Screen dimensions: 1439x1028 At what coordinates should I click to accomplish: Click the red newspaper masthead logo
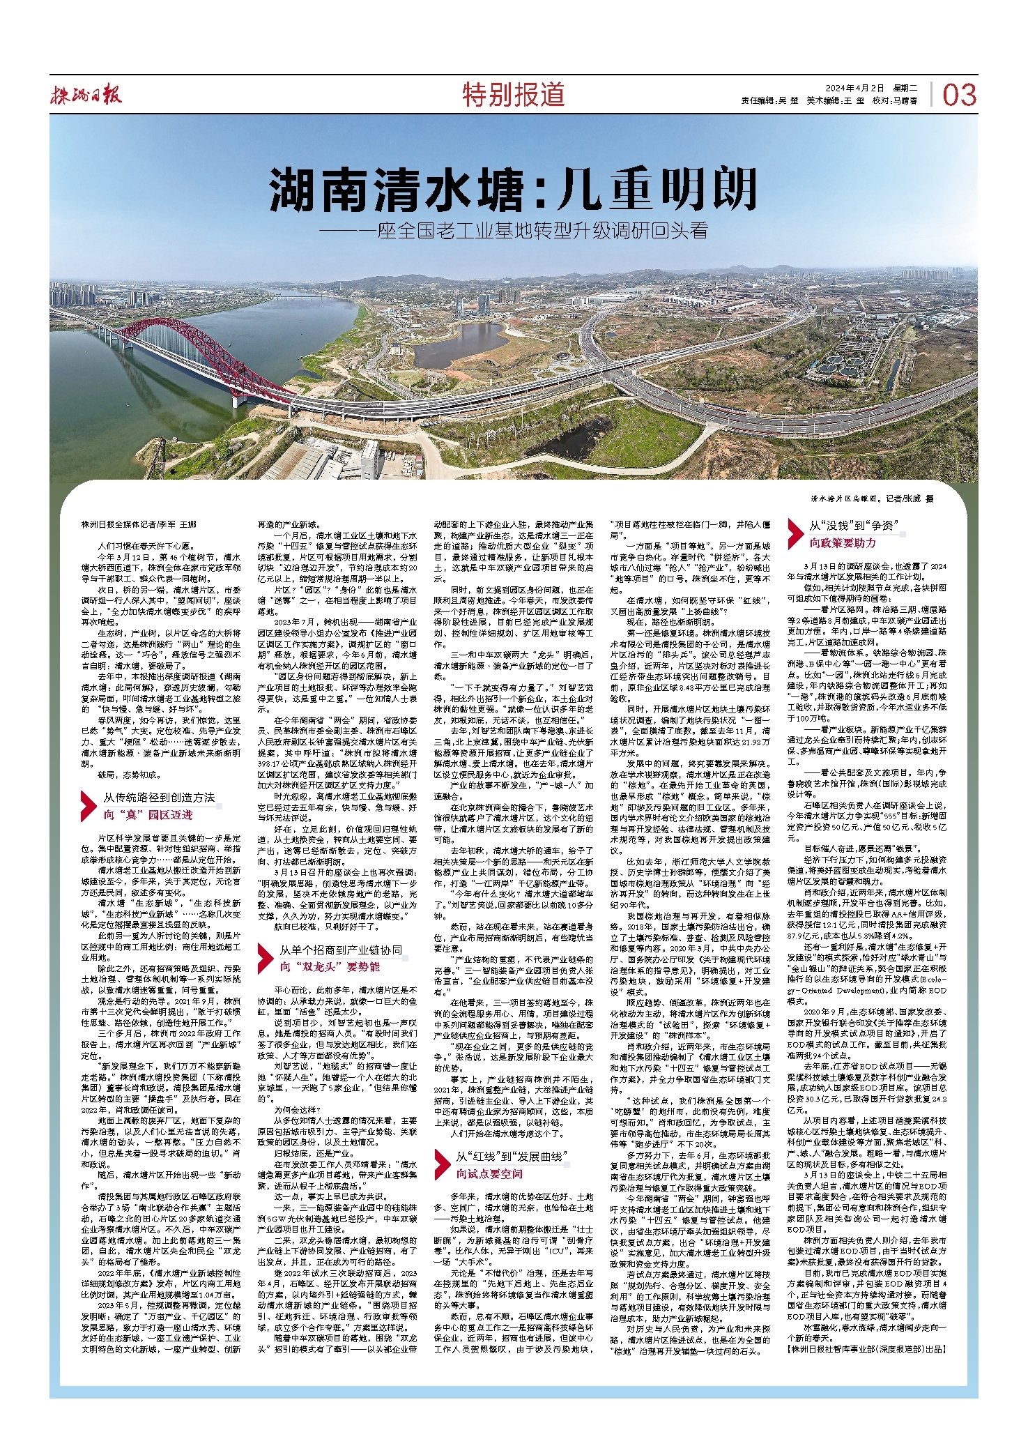86,94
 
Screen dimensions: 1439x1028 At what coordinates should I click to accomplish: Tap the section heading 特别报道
514,95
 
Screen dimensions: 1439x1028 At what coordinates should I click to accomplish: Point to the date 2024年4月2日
854,89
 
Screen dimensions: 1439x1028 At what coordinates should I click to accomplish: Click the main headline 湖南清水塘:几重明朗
514,190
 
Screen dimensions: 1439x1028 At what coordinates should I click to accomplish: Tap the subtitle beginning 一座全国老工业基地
514,231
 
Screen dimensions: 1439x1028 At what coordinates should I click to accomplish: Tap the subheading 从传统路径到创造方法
159,798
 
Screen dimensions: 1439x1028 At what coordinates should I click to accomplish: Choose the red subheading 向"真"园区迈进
148,815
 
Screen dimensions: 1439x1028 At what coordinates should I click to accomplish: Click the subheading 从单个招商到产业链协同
341,950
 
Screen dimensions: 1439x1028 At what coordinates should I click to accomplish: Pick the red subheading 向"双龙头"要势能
330,967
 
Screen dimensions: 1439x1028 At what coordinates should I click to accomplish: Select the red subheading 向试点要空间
489,1174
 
